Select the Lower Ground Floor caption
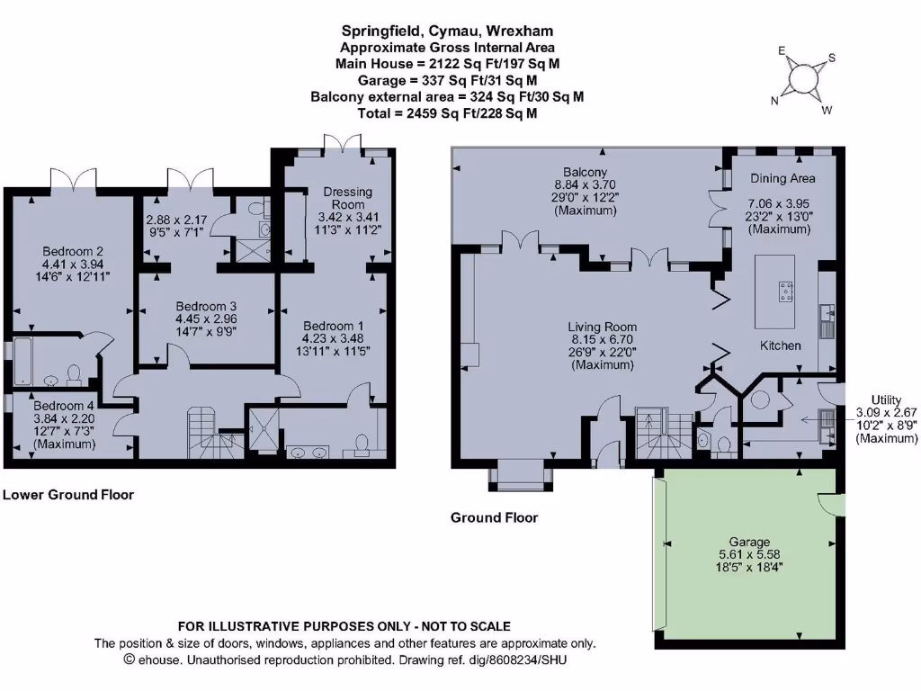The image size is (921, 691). pos(68,494)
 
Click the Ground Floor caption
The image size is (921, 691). pos(494,517)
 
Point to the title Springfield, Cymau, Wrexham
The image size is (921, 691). pos(445,31)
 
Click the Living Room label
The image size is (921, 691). pos(602,327)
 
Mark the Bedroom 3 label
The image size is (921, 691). pos(206,305)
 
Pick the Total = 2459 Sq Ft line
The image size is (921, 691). pos(445,113)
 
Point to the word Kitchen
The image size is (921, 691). pos(781,345)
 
